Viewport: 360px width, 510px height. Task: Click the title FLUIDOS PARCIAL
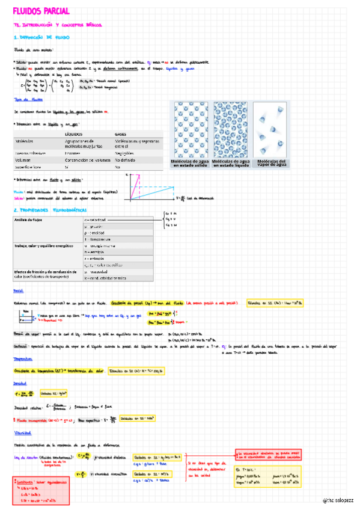tap(41, 11)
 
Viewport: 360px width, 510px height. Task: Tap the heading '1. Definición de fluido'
tap(42, 37)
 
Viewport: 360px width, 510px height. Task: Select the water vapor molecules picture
tap(272, 130)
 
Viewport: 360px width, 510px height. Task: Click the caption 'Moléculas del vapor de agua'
tap(272, 163)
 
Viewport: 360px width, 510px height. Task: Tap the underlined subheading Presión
tap(19, 291)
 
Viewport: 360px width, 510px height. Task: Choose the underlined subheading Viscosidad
tap(22, 432)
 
